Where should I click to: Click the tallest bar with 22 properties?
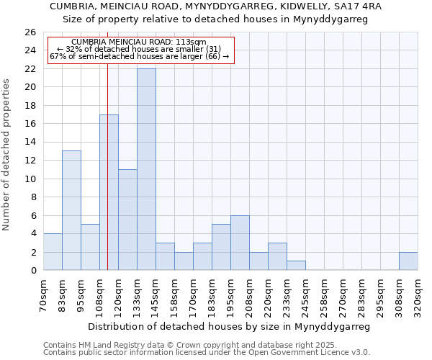(146, 169)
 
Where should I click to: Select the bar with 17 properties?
(109, 192)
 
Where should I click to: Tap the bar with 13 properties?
(71, 210)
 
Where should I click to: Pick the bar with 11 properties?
(127, 220)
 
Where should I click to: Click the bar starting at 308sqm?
(408, 261)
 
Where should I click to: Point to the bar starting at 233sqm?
(296, 266)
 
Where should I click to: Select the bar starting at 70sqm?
(53, 252)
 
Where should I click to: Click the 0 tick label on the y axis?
(32, 271)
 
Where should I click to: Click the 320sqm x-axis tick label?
(418, 294)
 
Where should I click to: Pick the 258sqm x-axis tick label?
(324, 294)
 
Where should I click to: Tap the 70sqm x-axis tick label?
(43, 294)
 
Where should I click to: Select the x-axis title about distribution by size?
(230, 326)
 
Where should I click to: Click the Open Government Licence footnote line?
(207, 353)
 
